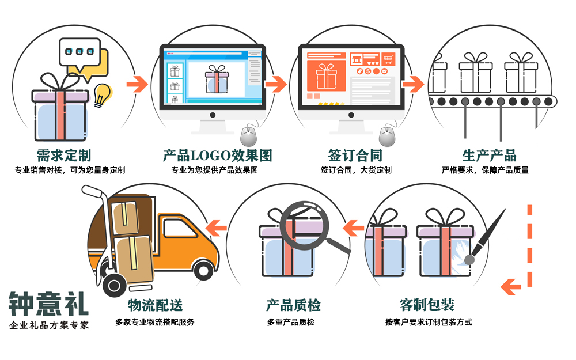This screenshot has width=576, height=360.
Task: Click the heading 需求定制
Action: click(x=63, y=155)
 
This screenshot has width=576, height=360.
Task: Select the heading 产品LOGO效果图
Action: click(x=217, y=155)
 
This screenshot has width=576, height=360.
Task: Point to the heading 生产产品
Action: click(x=489, y=155)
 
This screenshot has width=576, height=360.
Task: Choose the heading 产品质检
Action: click(x=293, y=305)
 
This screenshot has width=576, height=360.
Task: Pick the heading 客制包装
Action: click(x=427, y=305)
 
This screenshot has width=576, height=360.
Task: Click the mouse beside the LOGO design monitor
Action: click(x=248, y=136)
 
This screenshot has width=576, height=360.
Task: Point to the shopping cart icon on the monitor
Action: click(x=390, y=59)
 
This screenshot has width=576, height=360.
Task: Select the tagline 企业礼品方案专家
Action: click(x=49, y=325)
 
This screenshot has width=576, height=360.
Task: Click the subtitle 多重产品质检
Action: click(x=291, y=322)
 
